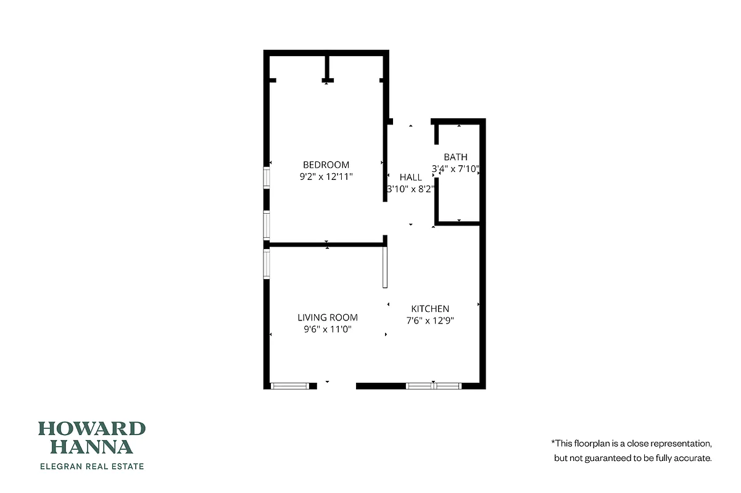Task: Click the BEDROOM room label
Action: coord(326,165)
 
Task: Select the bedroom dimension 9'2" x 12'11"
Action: coord(326,176)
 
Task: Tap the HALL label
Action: coord(411,177)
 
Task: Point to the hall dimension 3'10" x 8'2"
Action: coord(411,189)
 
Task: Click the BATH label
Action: coord(455,157)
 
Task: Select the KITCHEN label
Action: coord(430,309)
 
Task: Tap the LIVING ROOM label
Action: coord(328,318)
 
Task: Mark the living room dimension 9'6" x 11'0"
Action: coord(328,329)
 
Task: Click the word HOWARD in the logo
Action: coord(92,429)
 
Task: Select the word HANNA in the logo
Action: coord(92,447)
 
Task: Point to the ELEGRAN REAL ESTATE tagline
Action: coord(92,467)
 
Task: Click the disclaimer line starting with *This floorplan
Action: coord(632,443)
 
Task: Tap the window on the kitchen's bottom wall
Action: coord(433,386)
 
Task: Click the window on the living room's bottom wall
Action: coord(289,386)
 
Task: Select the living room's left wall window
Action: coord(267,264)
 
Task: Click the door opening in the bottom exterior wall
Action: coord(336,386)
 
